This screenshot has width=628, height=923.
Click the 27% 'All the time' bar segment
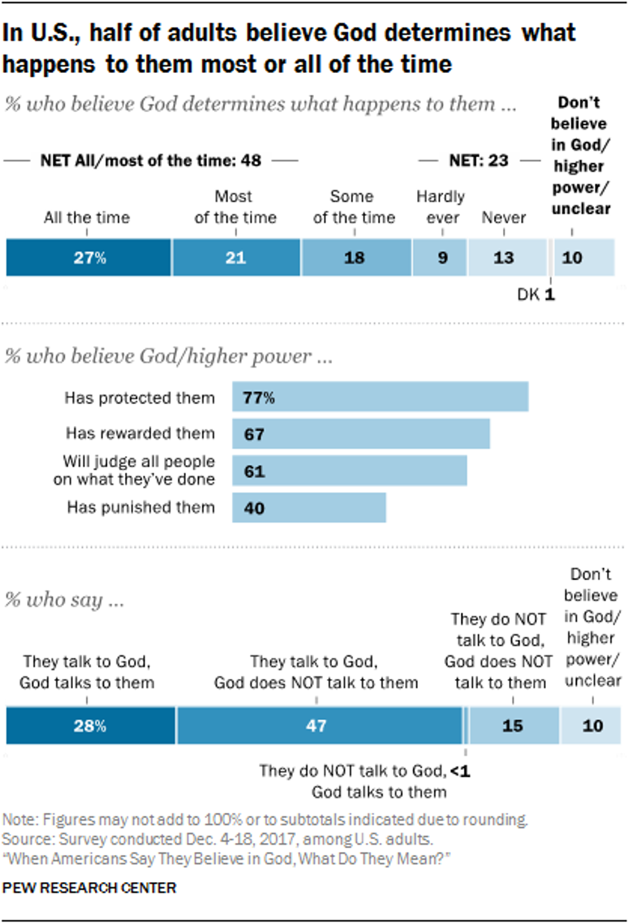click(x=88, y=257)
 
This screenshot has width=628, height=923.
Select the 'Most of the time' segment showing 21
click(x=236, y=257)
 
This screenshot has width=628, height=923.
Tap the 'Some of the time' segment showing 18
click(x=356, y=257)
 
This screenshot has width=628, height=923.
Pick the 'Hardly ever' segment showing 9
click(x=440, y=257)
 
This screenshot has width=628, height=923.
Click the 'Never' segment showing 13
click(x=506, y=257)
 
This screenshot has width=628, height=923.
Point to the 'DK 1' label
click(x=536, y=295)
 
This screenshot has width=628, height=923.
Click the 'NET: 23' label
click(x=478, y=160)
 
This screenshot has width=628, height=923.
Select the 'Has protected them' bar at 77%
click(x=380, y=397)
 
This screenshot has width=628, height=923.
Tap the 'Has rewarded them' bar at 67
click(x=361, y=434)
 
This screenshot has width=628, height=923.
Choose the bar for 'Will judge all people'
click(x=349, y=471)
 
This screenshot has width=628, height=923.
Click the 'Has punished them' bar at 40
click(x=309, y=508)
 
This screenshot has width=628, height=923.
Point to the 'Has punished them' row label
click(x=141, y=507)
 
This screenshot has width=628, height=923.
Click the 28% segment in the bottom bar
click(x=90, y=726)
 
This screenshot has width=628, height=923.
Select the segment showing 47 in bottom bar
click(x=318, y=726)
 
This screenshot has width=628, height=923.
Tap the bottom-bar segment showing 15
click(x=513, y=726)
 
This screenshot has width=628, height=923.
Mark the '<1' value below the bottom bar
click(x=460, y=771)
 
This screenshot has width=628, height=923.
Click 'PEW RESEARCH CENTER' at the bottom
click(x=89, y=888)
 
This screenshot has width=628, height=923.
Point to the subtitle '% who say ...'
click(x=64, y=600)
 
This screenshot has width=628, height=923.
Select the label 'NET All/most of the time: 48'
click(x=151, y=160)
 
